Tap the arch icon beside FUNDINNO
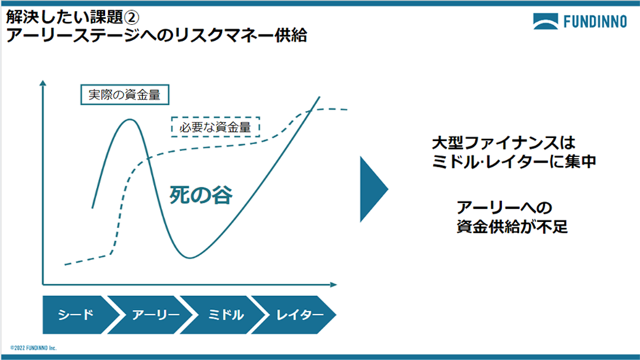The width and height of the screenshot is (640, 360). [x=547, y=22]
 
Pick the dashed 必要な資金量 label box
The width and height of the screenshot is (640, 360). [x=215, y=127]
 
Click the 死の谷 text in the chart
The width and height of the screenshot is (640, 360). [x=201, y=196]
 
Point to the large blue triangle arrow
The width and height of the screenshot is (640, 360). [x=373, y=189]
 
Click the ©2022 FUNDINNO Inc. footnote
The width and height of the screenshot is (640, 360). [x=35, y=346]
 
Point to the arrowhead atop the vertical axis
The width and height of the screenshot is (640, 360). [x=44, y=83]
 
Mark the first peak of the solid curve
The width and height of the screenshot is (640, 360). [x=129, y=119]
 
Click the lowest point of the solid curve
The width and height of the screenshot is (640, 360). [x=191, y=257]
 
